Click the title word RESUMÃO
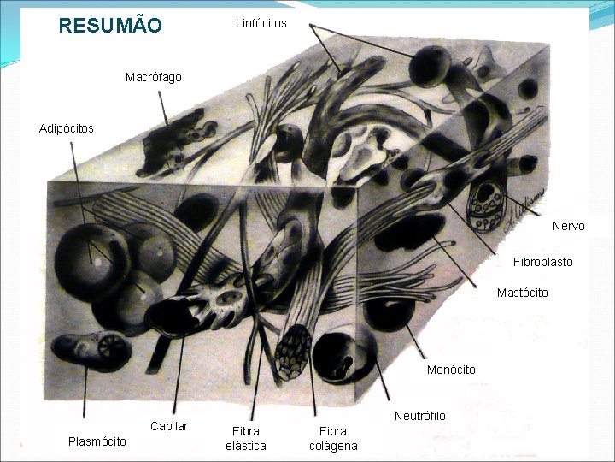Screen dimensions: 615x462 [x=109, y=26]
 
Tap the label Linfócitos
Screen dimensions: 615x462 [x=261, y=23]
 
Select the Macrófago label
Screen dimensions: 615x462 [x=153, y=78]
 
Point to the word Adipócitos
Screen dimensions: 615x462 [x=67, y=128]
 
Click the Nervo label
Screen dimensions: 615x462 [x=568, y=226]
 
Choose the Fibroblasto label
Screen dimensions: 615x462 [x=542, y=261]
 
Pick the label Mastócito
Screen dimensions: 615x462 [x=522, y=293]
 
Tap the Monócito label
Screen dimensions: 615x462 [x=451, y=370]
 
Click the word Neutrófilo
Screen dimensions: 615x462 [x=419, y=416]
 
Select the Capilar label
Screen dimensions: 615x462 [x=168, y=426]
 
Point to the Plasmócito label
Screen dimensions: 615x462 [x=97, y=441]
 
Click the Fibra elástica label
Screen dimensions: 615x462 [x=245, y=438]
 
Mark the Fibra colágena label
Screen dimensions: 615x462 [x=333, y=438]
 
